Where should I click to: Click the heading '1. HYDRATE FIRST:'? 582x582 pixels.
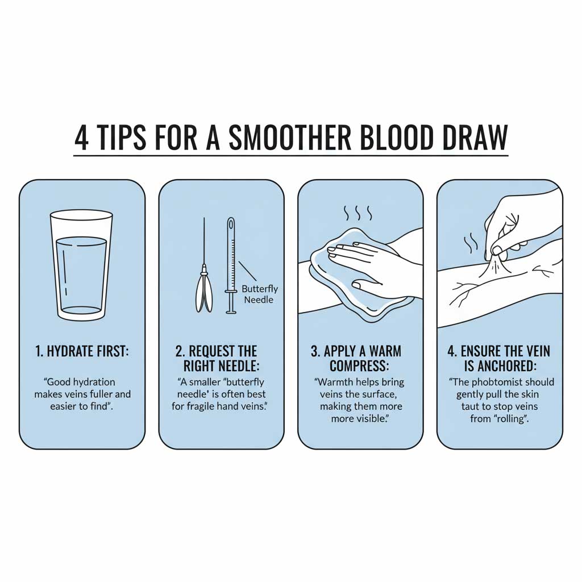[82, 351]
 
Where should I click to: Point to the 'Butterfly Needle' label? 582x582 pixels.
[259, 294]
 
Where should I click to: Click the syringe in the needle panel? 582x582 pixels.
[231, 265]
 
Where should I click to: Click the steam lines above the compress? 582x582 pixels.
[358, 214]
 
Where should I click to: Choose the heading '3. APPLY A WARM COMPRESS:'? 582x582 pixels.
[360, 358]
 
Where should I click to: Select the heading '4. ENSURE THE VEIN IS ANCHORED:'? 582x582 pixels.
[499, 358]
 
